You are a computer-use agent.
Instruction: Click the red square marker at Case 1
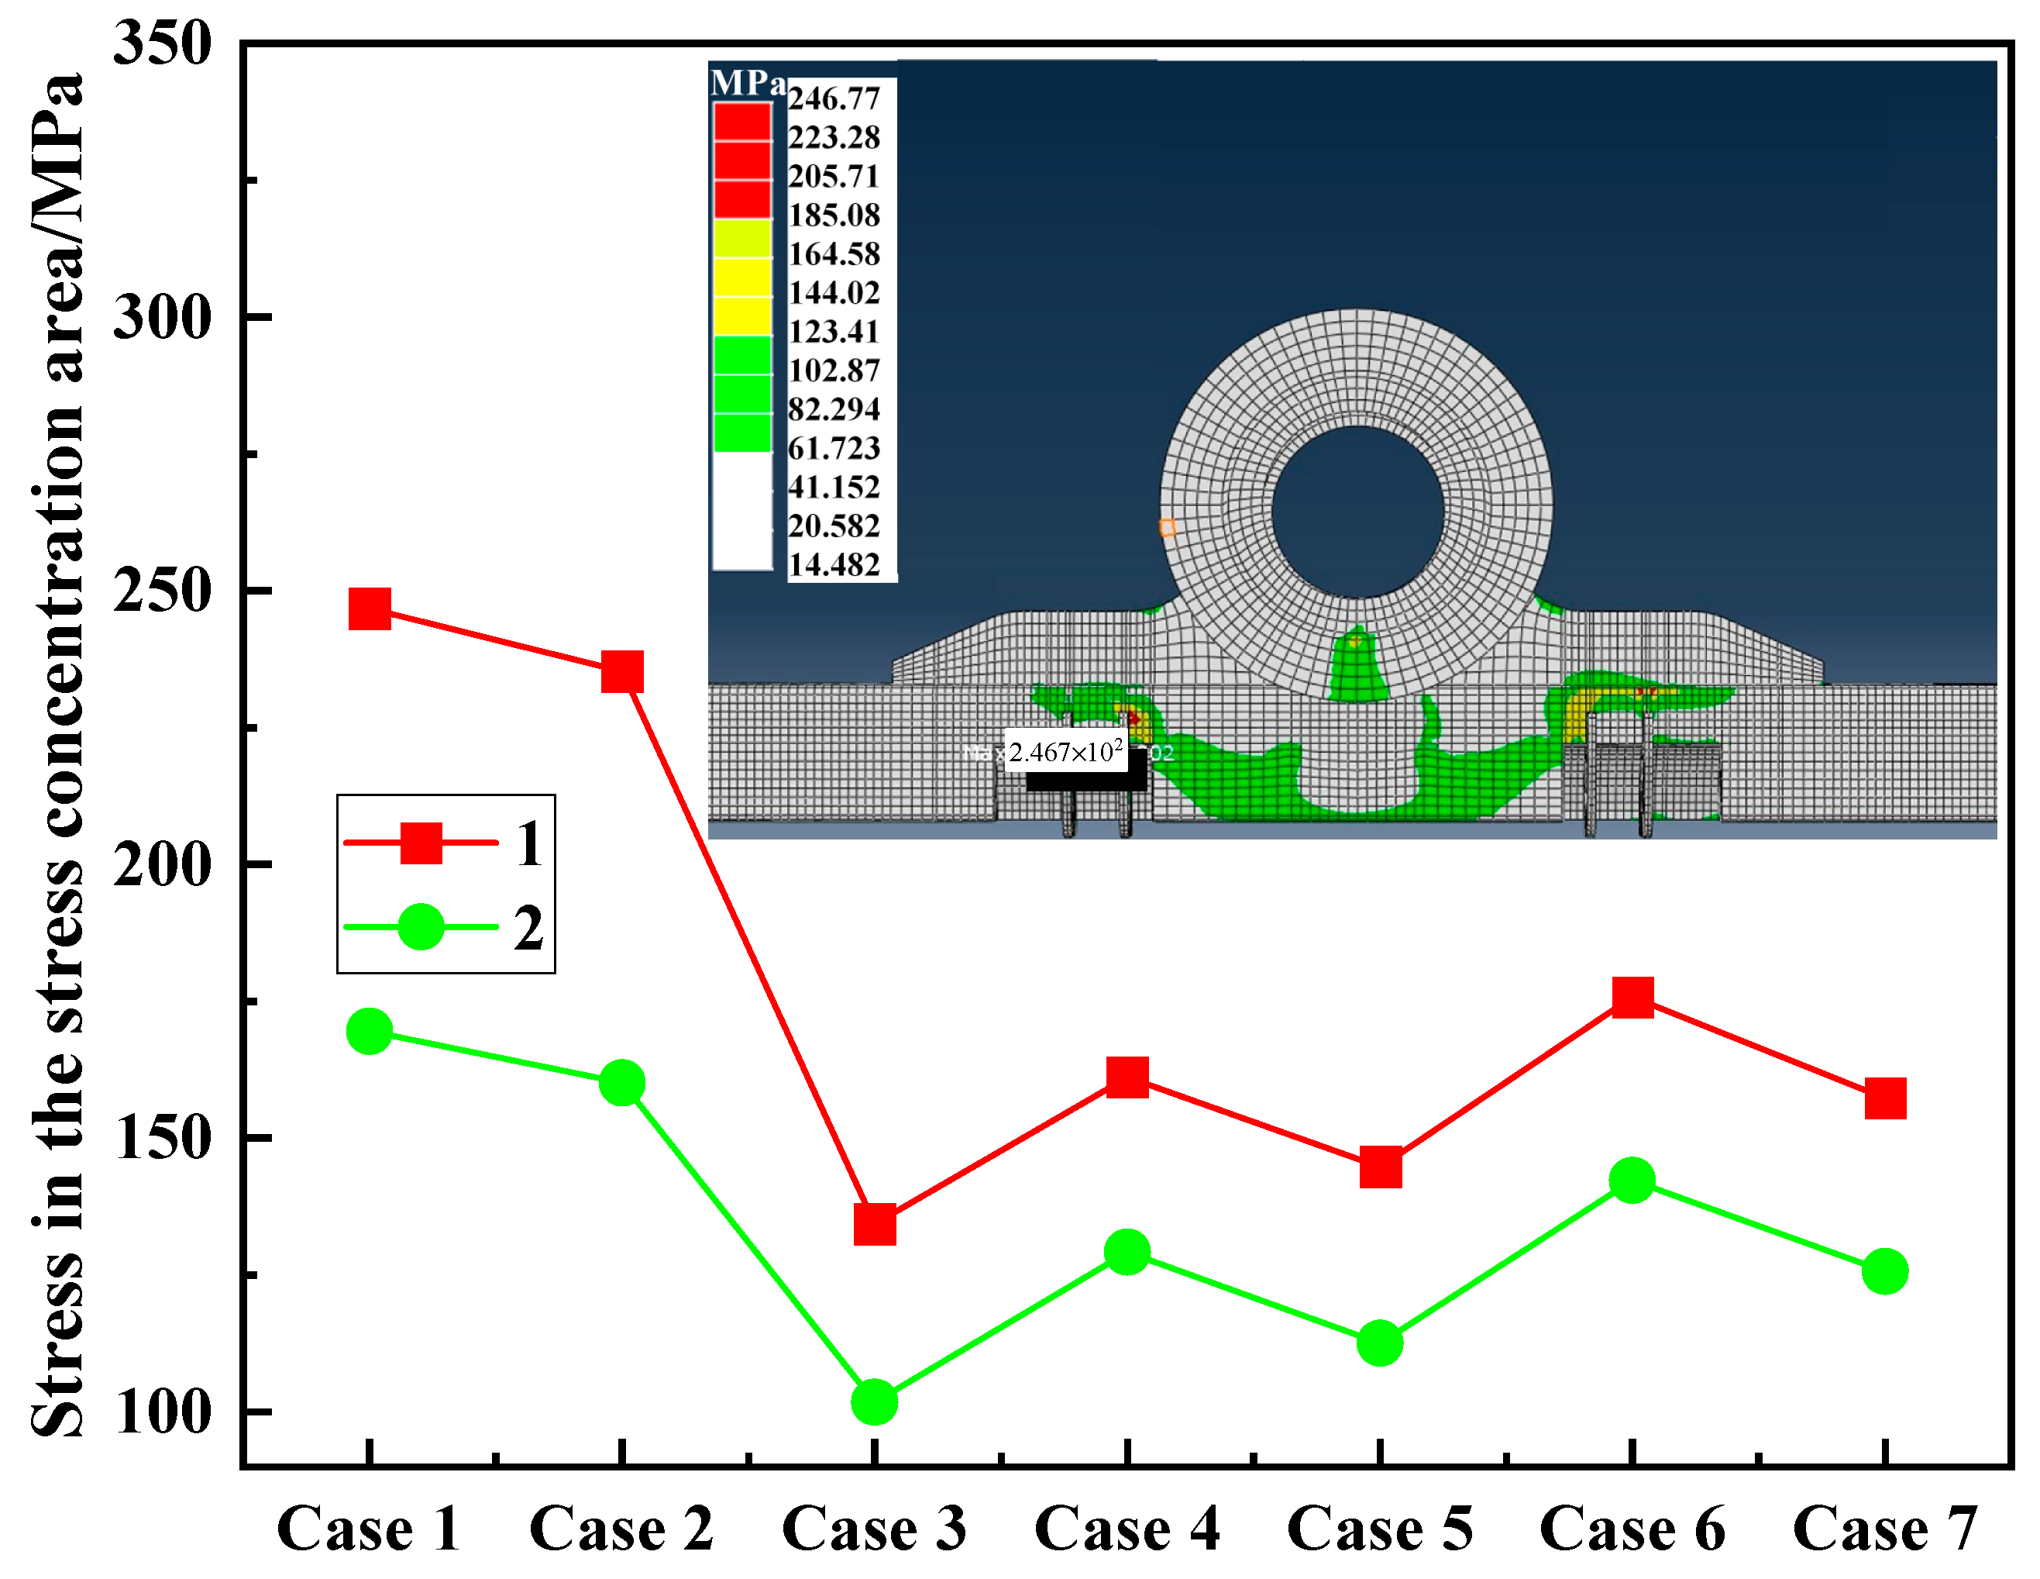click(x=370, y=609)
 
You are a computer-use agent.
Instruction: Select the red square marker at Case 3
click(x=876, y=1224)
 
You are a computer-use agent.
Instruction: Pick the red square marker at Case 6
click(x=1632, y=997)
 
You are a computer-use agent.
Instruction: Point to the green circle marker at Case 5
click(x=1380, y=1343)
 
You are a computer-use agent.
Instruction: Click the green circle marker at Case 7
click(x=1885, y=1270)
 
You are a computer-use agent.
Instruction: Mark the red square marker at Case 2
click(x=622, y=672)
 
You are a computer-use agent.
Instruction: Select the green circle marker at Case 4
click(x=1127, y=1251)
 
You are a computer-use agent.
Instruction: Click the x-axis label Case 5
click(x=1380, y=1529)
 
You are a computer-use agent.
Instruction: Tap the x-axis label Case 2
click(x=622, y=1529)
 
